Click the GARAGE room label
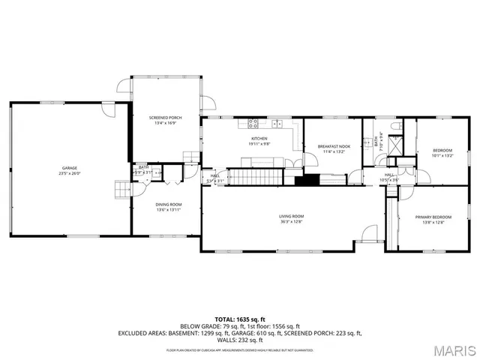click(69, 168)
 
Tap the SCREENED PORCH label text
click(166, 118)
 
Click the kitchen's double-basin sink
click(277, 122)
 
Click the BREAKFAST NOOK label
click(334, 146)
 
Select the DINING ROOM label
click(168, 205)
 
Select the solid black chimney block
click(305, 180)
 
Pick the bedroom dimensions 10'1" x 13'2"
click(443, 156)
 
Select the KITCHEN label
click(259, 139)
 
